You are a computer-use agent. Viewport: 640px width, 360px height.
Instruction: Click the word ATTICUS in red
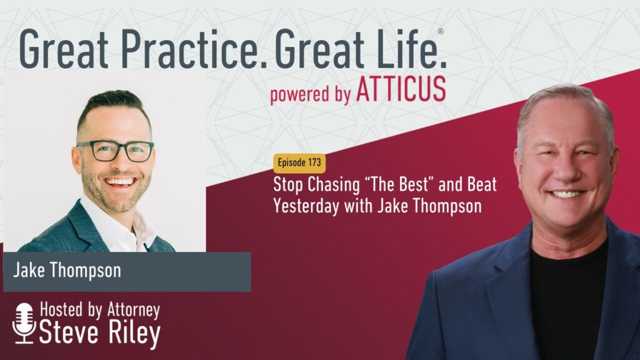tap(401, 88)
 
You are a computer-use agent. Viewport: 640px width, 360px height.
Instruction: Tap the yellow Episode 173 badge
tap(299, 162)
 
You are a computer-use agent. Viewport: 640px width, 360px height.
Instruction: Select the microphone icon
tap(24, 323)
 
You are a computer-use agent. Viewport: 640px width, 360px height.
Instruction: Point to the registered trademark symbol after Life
tap(441, 31)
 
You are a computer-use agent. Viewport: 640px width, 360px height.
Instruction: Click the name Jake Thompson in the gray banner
tap(67, 270)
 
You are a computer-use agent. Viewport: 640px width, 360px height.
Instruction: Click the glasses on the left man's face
tap(116, 151)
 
